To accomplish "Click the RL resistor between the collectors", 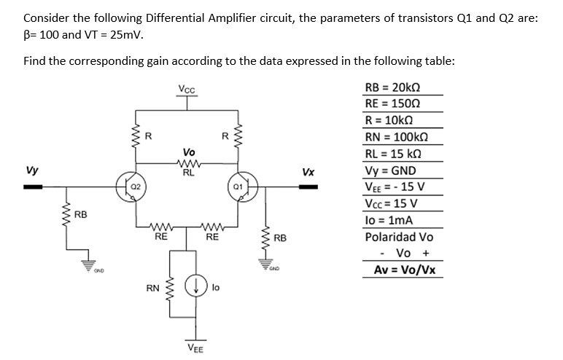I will (187, 164).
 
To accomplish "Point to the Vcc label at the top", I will (187, 90).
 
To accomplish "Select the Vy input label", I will (32, 172).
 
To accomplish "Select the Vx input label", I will (308, 173).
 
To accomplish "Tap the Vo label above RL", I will (188, 152).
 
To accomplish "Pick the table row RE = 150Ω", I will (395, 103).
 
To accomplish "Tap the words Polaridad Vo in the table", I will (399, 238).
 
